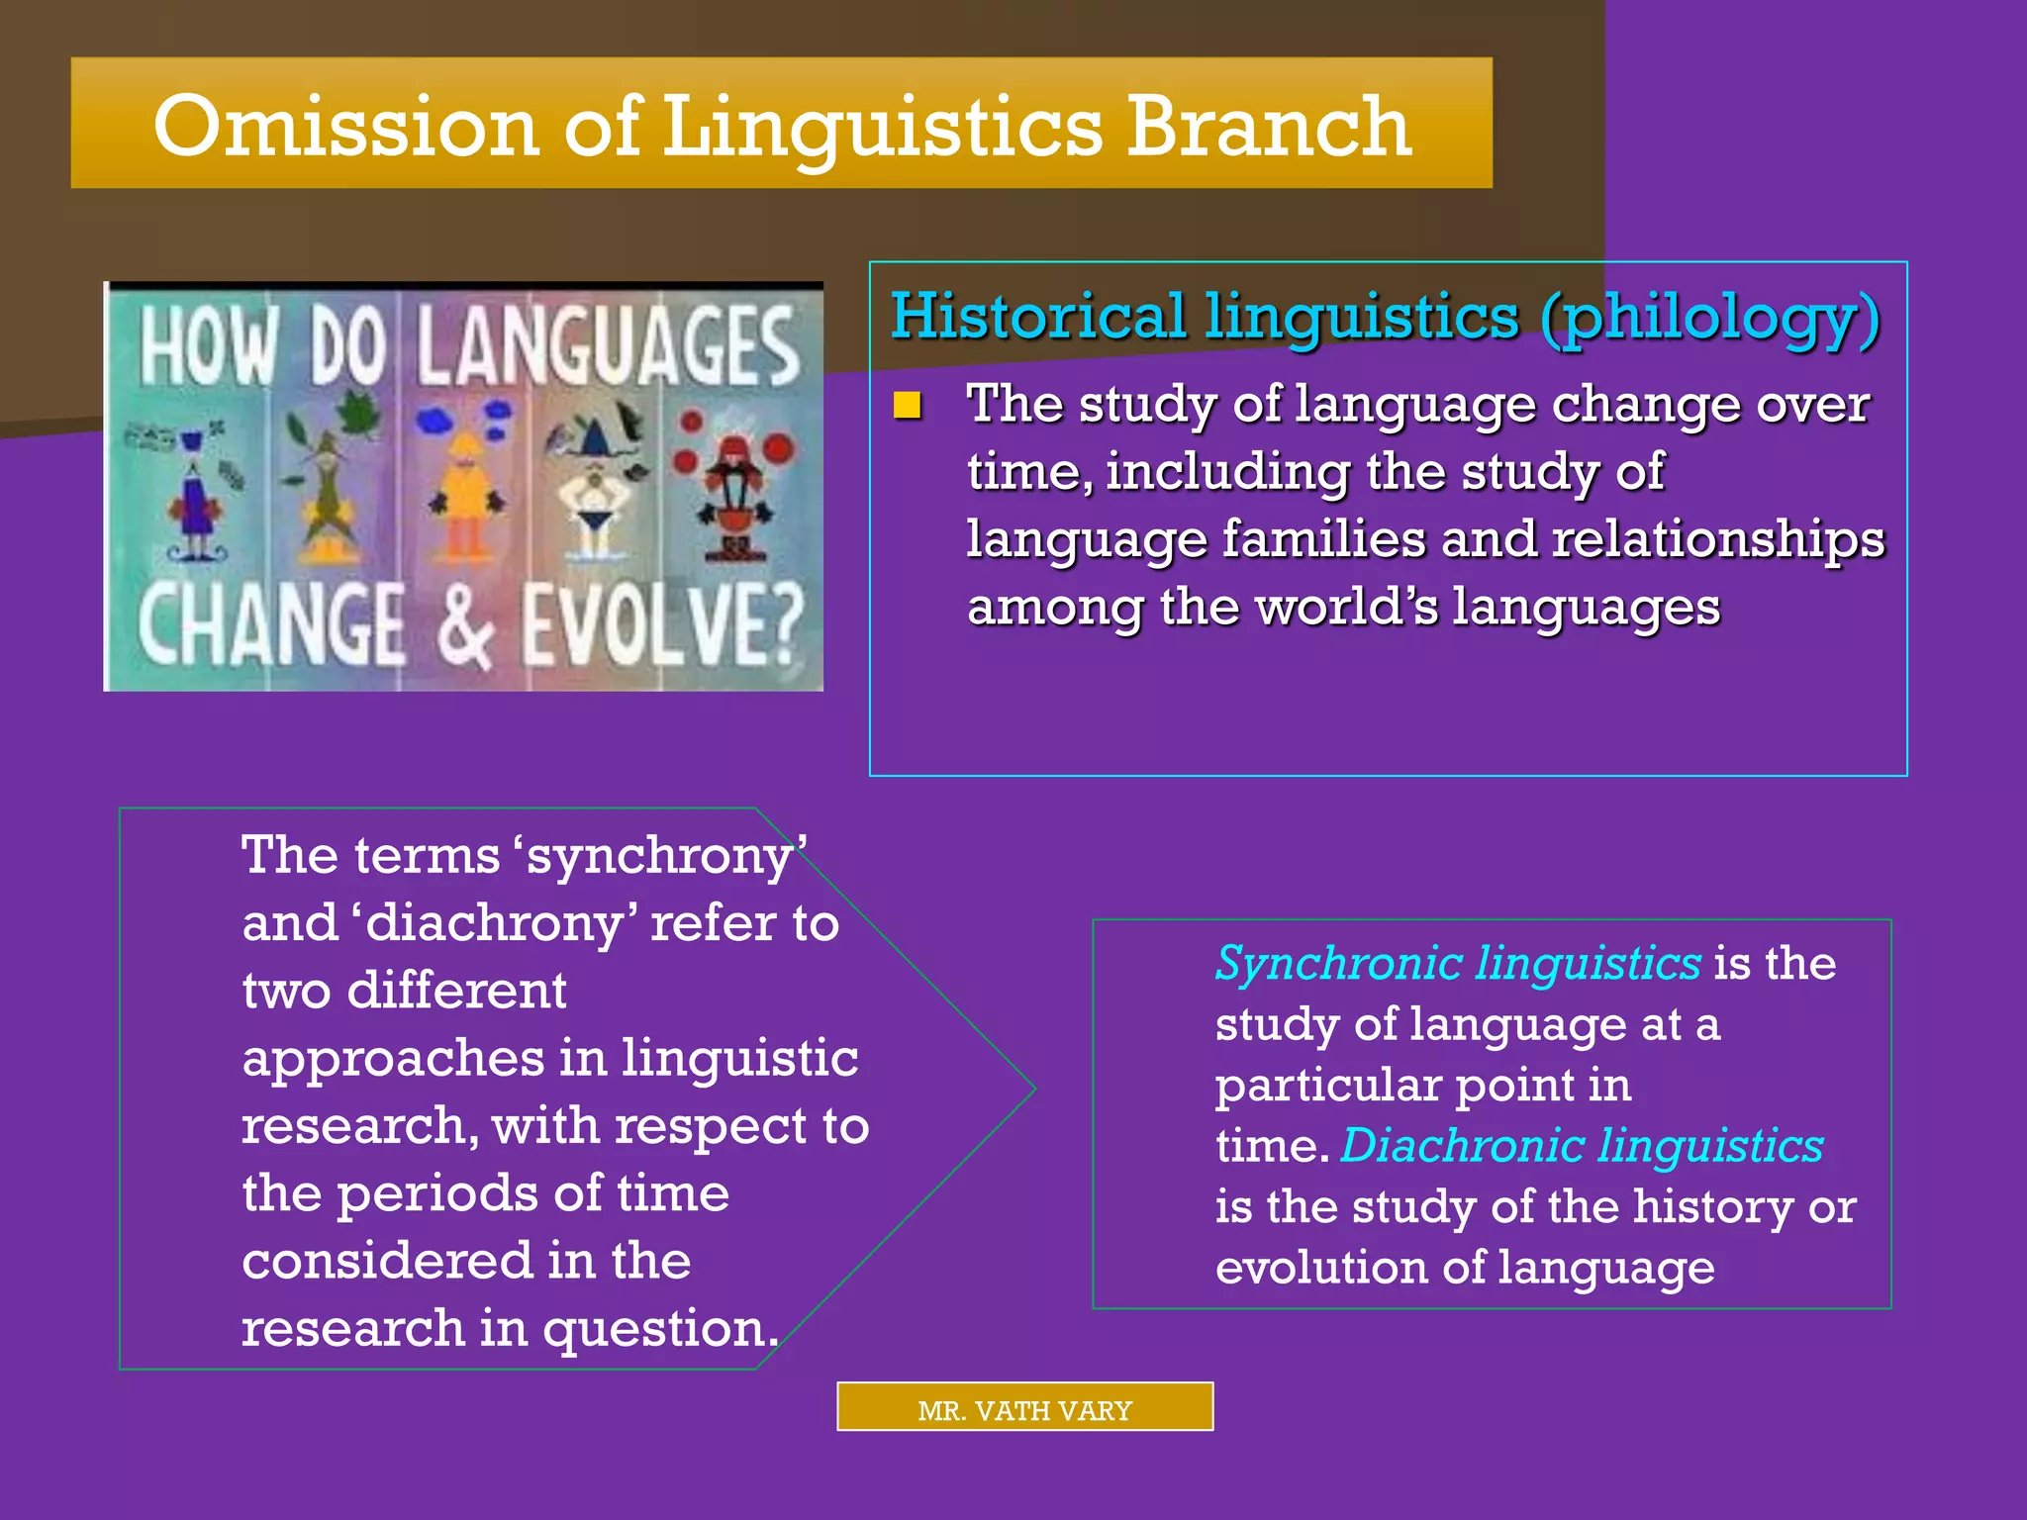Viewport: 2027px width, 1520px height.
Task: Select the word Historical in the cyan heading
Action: [1038, 318]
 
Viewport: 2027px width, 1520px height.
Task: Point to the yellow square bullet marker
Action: [908, 406]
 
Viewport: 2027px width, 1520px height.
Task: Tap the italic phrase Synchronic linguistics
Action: [1458, 963]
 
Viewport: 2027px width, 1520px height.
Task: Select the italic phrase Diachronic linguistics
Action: [1582, 1146]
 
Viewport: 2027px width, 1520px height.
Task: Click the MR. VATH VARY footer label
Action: [1024, 1410]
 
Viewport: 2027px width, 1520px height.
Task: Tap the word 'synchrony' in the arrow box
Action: [660, 856]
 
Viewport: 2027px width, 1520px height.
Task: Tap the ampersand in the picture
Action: [463, 626]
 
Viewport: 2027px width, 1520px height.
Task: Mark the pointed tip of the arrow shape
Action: [1033, 1089]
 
